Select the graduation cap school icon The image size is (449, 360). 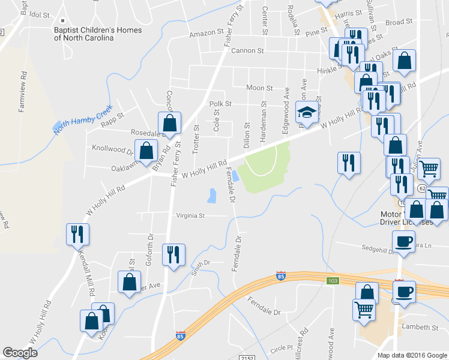tap(307, 112)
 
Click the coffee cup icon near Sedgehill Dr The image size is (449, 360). tap(403, 241)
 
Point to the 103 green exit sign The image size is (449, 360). tap(334, 281)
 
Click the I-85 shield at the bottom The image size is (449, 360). tap(181, 336)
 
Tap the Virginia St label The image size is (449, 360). tap(190, 215)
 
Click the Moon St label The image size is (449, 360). tap(259, 88)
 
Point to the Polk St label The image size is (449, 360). tap(220, 104)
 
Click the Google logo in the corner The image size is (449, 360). tap(20, 353)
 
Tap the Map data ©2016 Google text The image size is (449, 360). tap(412, 355)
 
